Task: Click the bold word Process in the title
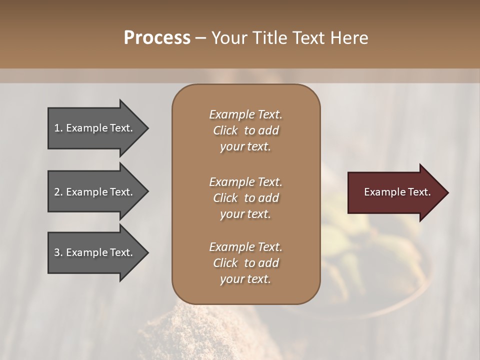pyautogui.click(x=157, y=38)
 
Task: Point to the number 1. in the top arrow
pyautogui.click(x=58, y=128)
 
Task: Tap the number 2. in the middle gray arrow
pyautogui.click(x=58, y=192)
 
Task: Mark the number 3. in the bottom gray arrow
pyautogui.click(x=58, y=252)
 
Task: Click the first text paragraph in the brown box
pyautogui.click(x=245, y=130)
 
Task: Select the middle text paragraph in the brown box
pyautogui.click(x=245, y=198)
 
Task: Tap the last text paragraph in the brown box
pyautogui.click(x=245, y=263)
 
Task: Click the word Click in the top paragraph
pyautogui.click(x=225, y=130)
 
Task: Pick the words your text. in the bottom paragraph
pyautogui.click(x=245, y=279)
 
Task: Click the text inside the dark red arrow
pyautogui.click(x=397, y=192)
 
